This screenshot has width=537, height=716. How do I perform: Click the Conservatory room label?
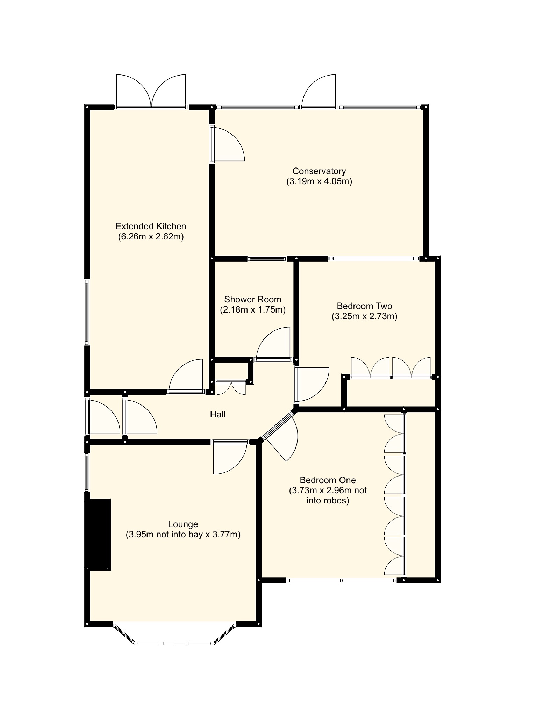(x=319, y=171)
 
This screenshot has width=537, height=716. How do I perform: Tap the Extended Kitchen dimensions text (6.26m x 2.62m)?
(x=151, y=237)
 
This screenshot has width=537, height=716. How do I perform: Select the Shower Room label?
(x=253, y=299)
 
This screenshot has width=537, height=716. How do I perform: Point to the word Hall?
(x=217, y=415)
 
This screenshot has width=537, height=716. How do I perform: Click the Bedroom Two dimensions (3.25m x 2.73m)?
(x=364, y=316)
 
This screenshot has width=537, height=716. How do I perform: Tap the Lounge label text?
(x=183, y=524)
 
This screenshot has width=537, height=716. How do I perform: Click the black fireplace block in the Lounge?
(x=99, y=535)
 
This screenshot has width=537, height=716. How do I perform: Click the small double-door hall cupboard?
(x=231, y=387)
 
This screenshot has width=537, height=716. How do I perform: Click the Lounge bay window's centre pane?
(x=174, y=643)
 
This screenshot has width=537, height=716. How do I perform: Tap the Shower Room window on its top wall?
(x=267, y=259)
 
